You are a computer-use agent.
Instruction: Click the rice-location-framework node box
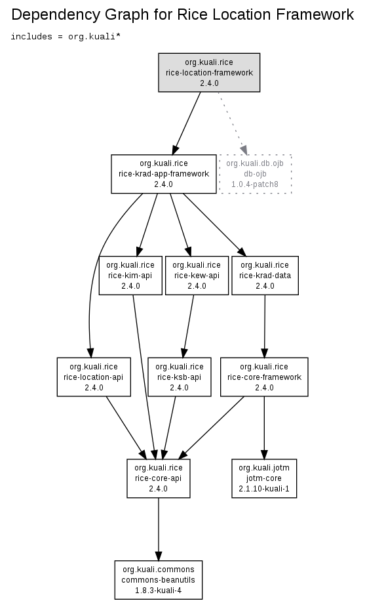tap(209, 73)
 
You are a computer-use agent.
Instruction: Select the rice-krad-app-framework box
tap(164, 174)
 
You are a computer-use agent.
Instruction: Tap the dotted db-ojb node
tap(255, 174)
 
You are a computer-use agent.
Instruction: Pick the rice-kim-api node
tap(130, 276)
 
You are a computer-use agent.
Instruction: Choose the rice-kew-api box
tap(197, 276)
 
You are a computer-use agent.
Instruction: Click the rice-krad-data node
tap(265, 276)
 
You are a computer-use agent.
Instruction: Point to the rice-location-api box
tap(94, 377)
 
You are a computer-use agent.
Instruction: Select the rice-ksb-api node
tap(180, 377)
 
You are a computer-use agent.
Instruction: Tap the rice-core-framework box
tap(264, 377)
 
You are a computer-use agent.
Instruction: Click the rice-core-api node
tap(159, 478)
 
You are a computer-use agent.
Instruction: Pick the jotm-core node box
tap(264, 478)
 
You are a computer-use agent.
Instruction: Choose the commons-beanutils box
tap(159, 580)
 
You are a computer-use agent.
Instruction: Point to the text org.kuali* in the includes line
tap(94, 37)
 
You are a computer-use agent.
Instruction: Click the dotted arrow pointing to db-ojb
tap(233, 123)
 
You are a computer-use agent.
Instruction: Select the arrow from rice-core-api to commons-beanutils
tap(159, 529)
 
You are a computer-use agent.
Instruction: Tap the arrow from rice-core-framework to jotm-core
tap(264, 428)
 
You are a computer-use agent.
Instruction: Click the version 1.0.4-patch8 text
tap(255, 184)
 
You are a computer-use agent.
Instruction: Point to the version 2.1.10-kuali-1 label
tap(264, 489)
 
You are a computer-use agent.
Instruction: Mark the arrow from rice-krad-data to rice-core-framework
tap(264, 326)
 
